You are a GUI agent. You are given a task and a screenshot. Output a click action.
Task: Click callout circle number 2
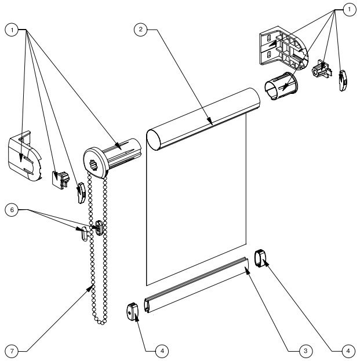[x=140, y=30]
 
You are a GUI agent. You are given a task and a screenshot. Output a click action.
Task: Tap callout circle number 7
[x=12, y=351]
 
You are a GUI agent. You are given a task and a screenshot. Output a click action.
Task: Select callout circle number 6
[x=12, y=210]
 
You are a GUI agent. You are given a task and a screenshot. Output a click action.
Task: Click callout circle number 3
[x=306, y=351]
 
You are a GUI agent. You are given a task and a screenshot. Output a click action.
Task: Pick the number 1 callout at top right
[x=350, y=10]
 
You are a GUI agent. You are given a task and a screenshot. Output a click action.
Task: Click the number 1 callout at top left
[x=12, y=30]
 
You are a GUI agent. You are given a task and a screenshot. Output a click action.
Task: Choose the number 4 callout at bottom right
[x=348, y=351]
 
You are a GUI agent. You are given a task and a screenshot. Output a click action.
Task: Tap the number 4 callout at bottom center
[x=162, y=351]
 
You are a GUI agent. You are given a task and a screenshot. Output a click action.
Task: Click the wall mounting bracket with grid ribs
[x=283, y=48]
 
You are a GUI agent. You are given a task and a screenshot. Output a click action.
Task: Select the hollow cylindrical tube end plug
[x=281, y=86]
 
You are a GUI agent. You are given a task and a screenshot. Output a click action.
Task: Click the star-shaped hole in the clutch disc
[x=93, y=165]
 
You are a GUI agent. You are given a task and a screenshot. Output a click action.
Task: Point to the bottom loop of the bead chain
[x=100, y=322]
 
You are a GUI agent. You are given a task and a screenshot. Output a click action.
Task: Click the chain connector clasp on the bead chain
[x=99, y=228]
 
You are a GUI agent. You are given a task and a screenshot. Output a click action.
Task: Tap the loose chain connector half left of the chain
[x=85, y=234]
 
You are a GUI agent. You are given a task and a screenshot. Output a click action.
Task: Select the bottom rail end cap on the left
[x=133, y=312]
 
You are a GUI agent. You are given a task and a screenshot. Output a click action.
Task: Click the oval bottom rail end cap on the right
[x=260, y=258]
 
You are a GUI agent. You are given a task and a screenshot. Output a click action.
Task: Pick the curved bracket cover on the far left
[x=25, y=156]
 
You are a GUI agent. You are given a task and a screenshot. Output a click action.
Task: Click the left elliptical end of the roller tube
[x=154, y=140]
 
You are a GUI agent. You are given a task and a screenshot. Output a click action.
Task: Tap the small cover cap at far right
[x=343, y=81]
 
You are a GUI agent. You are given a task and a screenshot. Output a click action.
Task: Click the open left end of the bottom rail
[x=147, y=305]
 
